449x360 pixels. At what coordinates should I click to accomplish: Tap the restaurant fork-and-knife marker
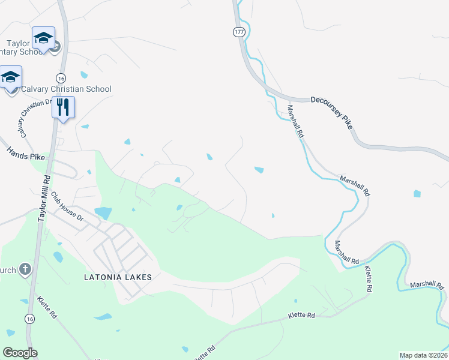(x=63, y=107)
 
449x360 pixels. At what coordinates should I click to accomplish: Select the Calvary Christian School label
(x=66, y=89)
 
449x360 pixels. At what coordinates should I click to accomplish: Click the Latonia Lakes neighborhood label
(x=118, y=277)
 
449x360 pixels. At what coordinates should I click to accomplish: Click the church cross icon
(x=25, y=268)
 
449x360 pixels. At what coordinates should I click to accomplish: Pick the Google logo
(x=20, y=353)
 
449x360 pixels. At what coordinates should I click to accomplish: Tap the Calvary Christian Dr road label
(x=30, y=118)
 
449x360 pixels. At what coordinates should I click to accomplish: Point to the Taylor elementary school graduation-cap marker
(x=43, y=38)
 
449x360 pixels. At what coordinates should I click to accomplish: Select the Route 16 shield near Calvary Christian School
(x=61, y=78)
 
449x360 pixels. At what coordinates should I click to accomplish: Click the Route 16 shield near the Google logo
(x=29, y=319)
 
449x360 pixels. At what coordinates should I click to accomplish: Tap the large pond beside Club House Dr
(x=103, y=212)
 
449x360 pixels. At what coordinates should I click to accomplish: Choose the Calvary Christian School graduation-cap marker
(x=10, y=76)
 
